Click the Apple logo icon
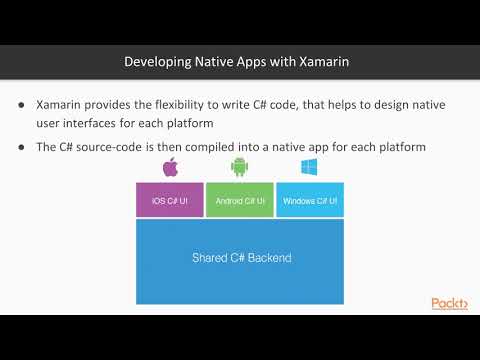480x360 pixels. coord(169,167)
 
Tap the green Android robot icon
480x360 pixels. coord(239,167)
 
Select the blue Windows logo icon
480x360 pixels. coord(309,167)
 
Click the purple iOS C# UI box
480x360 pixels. coord(169,200)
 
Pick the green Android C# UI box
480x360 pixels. coord(240,200)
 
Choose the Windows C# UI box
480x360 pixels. coord(310,200)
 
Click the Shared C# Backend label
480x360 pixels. coord(241,258)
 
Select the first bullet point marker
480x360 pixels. coord(23,104)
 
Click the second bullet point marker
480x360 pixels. coord(23,148)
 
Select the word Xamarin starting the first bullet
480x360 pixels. coord(61,104)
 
